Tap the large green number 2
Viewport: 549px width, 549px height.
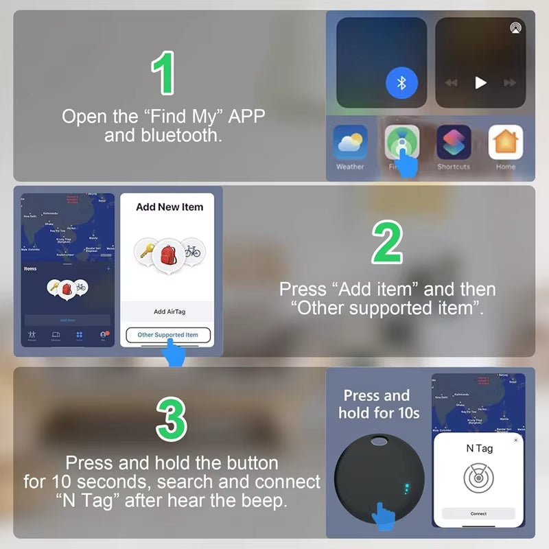[388, 244]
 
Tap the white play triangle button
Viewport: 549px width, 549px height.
[481, 82]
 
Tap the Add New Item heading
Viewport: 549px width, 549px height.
[170, 207]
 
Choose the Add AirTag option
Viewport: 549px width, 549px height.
[169, 312]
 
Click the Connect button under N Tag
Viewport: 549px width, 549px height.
[478, 513]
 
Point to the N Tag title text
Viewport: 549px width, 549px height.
[479, 448]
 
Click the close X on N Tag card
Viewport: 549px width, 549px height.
[516, 440]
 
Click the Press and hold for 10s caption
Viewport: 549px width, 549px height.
[376, 404]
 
